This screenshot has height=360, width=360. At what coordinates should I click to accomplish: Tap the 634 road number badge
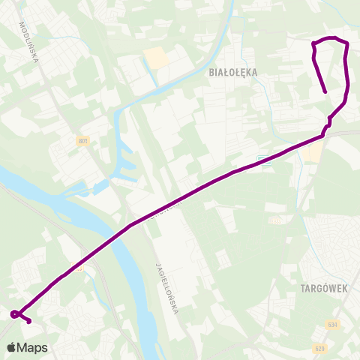(x=332, y=325)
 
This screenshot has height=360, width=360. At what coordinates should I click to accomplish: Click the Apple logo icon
(x=11, y=347)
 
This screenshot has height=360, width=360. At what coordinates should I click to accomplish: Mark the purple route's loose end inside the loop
(x=325, y=92)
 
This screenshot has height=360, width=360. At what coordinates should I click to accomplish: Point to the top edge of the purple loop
(x=331, y=38)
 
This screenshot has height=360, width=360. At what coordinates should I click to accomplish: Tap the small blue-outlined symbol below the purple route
(x=262, y=160)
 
